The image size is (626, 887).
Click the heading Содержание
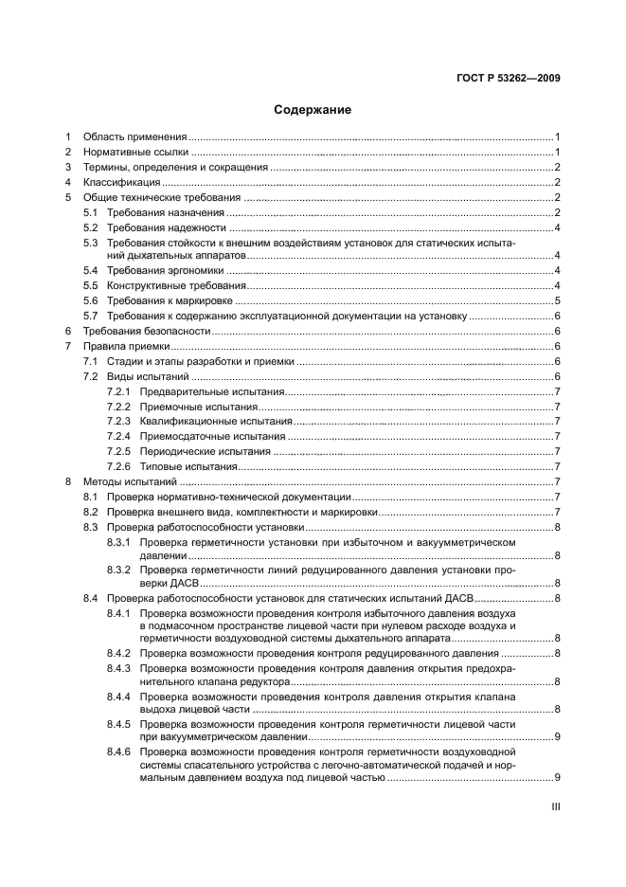(313, 110)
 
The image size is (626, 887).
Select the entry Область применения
(135, 136)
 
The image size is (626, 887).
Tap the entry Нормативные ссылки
(135, 152)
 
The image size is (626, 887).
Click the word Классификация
(122, 182)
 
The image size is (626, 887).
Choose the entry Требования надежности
(167, 227)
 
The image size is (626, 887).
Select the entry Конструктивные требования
(177, 285)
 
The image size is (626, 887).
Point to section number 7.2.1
(117, 391)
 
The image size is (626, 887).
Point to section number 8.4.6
(117, 751)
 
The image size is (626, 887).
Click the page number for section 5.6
(559, 300)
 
